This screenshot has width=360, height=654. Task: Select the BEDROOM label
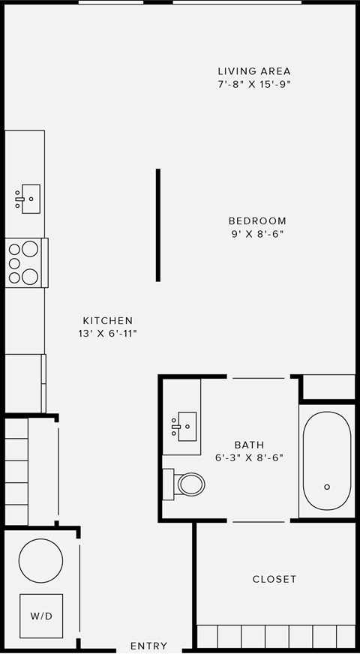pyautogui.click(x=257, y=220)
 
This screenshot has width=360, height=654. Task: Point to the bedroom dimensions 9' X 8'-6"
pyautogui.click(x=257, y=233)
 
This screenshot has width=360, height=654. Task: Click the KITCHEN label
pyautogui.click(x=108, y=320)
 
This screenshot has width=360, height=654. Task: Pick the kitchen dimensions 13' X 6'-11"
pyautogui.click(x=108, y=333)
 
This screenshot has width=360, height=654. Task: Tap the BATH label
pyautogui.click(x=249, y=445)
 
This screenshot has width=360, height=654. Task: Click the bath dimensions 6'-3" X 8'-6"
pyautogui.click(x=249, y=457)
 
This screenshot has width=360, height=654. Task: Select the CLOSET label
pyautogui.click(x=274, y=579)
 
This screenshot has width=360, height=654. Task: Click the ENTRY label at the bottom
pyautogui.click(x=148, y=646)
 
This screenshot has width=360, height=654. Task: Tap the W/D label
pyautogui.click(x=41, y=616)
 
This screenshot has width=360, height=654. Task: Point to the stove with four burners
pyautogui.click(x=25, y=262)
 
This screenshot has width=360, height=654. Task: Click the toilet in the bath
pyautogui.click(x=187, y=484)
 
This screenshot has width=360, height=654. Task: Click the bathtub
pyautogui.click(x=326, y=460)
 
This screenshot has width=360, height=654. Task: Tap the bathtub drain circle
pyautogui.click(x=327, y=487)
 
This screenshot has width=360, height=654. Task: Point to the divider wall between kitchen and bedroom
pyautogui.click(x=157, y=225)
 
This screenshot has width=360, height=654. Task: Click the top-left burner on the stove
pyautogui.click(x=16, y=248)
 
